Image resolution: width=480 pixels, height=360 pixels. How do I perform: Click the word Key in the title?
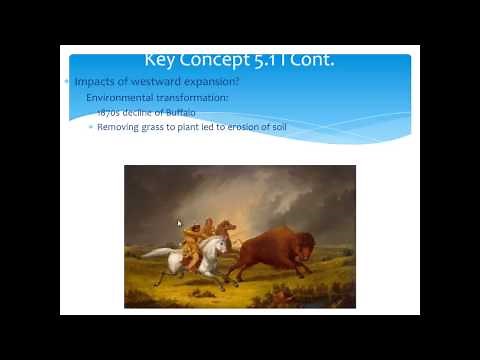(x=163, y=61)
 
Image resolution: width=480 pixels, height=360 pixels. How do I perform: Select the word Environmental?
(x=123, y=98)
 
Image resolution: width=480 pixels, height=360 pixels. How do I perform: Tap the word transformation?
(x=195, y=98)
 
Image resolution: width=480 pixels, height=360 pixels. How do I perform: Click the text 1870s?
(x=109, y=113)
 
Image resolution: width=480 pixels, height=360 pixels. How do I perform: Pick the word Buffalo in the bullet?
(x=181, y=113)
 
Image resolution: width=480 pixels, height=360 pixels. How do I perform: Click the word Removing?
(x=120, y=127)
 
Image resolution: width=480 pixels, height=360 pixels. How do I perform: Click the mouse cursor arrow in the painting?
(x=180, y=224)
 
